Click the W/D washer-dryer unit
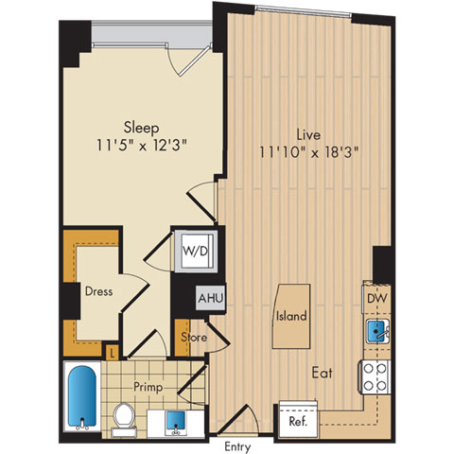click(196, 252)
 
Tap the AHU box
click(211, 298)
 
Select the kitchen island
click(291, 316)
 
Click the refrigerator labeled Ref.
click(298, 420)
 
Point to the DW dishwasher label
click(377, 298)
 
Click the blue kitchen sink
click(377, 331)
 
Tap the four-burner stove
click(375, 377)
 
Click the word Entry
click(237, 446)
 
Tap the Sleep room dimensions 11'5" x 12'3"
click(142, 146)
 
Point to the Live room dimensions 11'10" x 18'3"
click(309, 152)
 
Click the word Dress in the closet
click(98, 291)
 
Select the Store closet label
click(194, 338)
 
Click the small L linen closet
click(112, 353)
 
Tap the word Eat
click(323, 373)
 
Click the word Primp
click(148, 387)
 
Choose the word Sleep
click(141, 128)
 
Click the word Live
click(308, 134)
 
